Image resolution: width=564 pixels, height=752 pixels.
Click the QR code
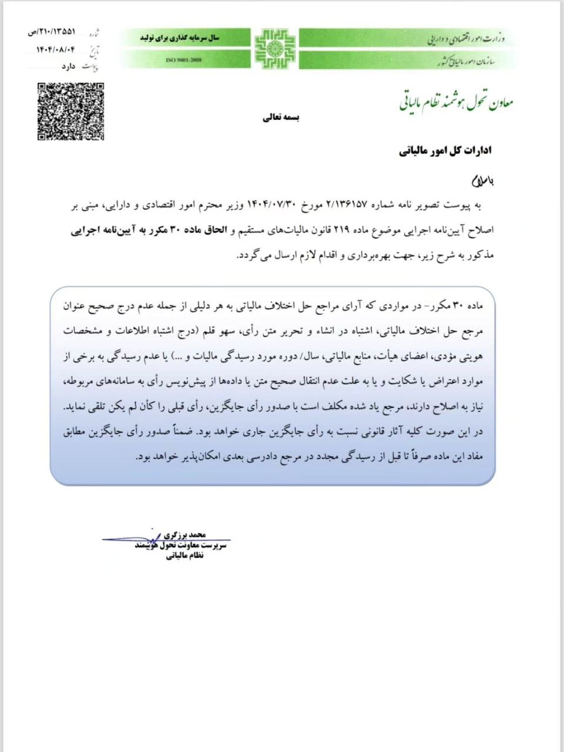coord(70,112)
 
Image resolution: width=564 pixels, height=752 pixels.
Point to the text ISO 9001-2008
coord(184,61)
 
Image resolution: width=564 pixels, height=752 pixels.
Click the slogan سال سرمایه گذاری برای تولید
coord(179,38)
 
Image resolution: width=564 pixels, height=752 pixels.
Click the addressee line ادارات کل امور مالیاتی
coord(445,151)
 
